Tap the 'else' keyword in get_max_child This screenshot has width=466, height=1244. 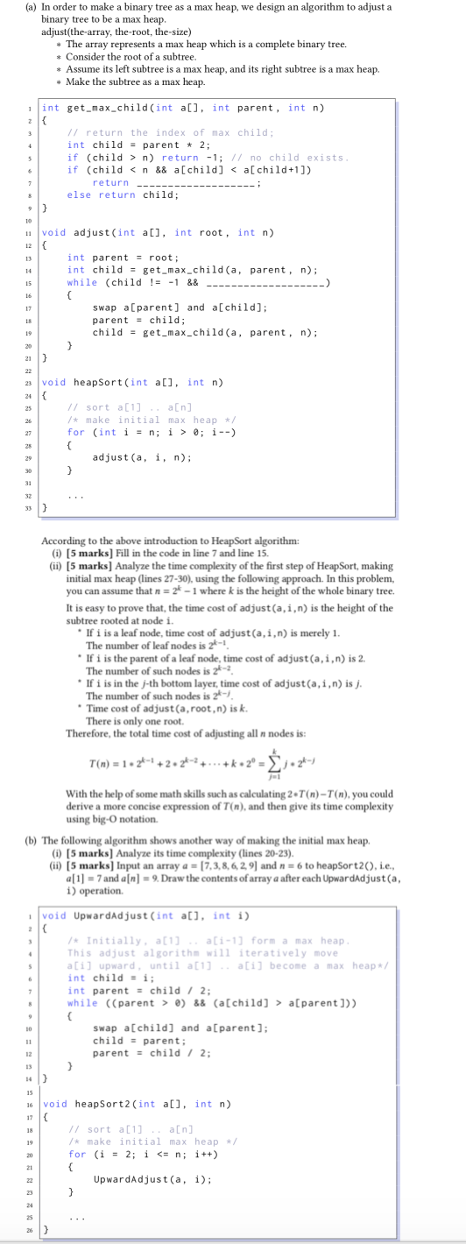[x=80, y=194]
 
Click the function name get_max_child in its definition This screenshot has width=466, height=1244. [x=105, y=108]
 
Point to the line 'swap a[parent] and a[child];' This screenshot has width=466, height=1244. [x=180, y=307]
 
